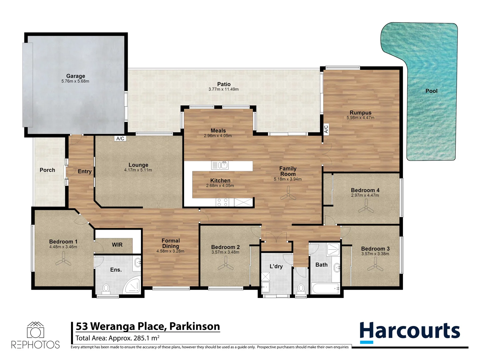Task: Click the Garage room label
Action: click(76, 76)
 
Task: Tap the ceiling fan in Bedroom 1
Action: click(63, 262)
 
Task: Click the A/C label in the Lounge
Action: click(120, 139)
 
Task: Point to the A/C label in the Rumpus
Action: click(326, 129)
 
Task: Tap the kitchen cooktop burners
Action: click(222, 202)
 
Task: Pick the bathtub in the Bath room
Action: click(325, 288)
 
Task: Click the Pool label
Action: click(431, 91)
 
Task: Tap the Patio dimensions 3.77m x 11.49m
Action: click(223, 89)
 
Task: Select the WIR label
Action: click(117, 245)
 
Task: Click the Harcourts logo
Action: click(410, 332)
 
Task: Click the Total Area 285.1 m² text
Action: click(117, 338)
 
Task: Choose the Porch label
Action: click(47, 170)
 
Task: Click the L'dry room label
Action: click(276, 266)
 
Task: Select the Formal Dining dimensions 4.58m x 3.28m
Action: click(170, 251)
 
